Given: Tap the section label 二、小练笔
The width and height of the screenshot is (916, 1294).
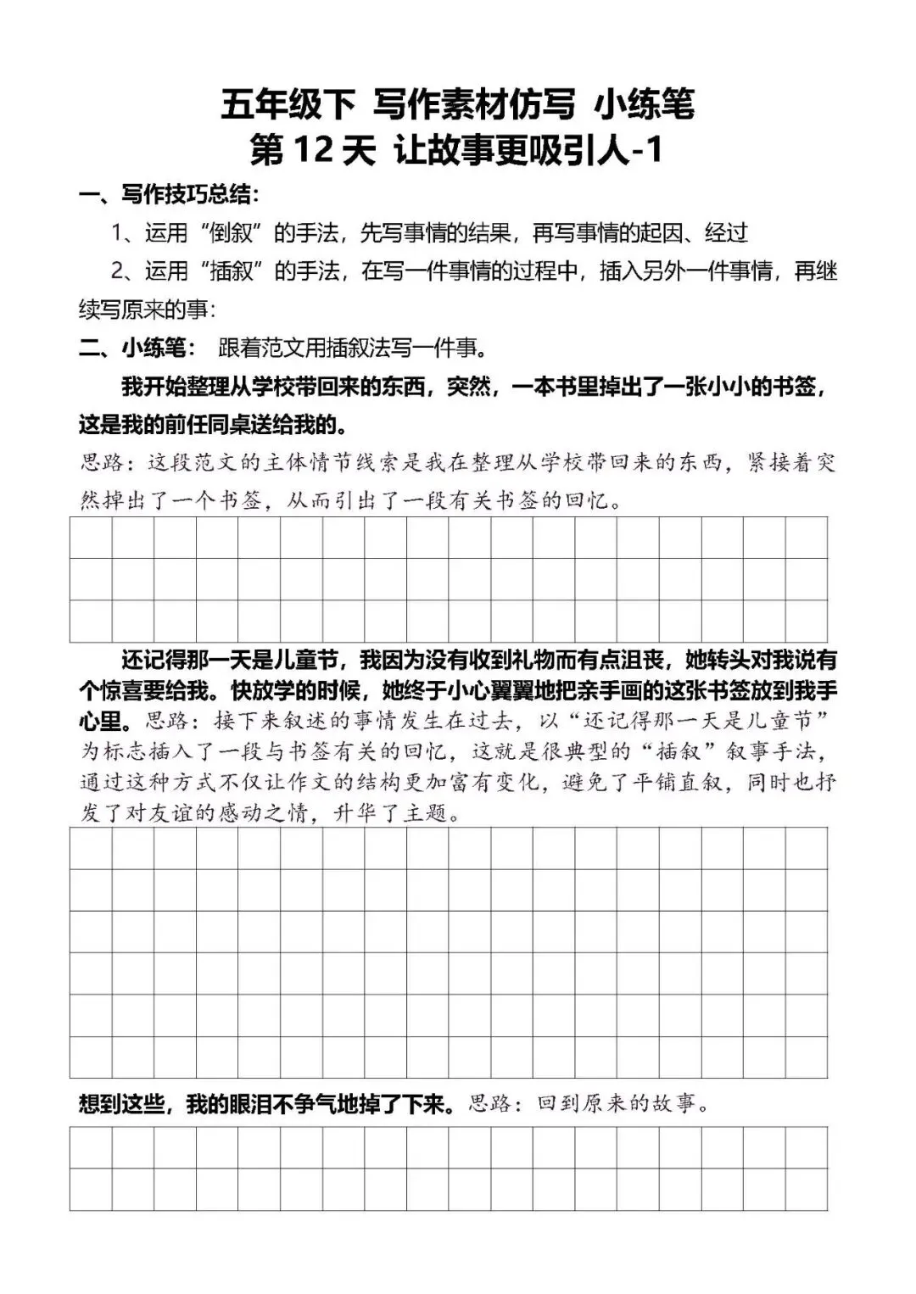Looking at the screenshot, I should coord(136,348).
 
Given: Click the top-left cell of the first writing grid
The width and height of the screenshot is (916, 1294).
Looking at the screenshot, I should coord(91,538).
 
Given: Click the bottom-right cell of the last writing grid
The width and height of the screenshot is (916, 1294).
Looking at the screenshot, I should coord(806,1189).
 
